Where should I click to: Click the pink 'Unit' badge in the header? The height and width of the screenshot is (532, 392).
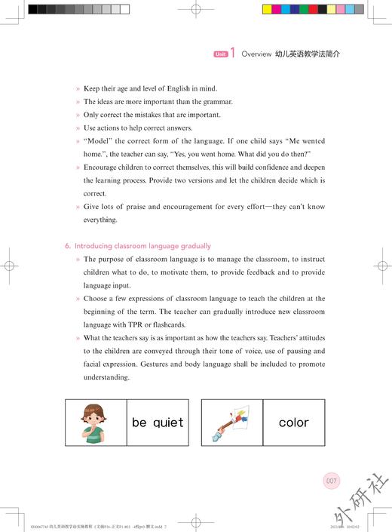pyautogui.click(x=220, y=54)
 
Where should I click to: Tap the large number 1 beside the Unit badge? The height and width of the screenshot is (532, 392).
pyautogui.click(x=233, y=54)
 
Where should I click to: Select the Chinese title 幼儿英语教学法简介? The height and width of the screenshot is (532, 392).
pyautogui.click(x=308, y=54)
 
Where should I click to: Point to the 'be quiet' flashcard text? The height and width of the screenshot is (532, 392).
pyautogui.click(x=157, y=423)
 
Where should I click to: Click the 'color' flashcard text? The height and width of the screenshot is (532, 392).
pyautogui.click(x=293, y=423)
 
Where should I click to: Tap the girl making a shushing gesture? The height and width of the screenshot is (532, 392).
pyautogui.click(x=96, y=422)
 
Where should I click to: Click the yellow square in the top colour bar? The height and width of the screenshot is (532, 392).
pyautogui.click(x=266, y=10)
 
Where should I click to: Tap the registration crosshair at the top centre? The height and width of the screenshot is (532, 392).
pyautogui.click(x=196, y=11)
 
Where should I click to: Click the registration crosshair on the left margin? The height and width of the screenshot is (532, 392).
pyautogui.click(x=10, y=266)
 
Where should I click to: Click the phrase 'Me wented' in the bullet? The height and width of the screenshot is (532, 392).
pyautogui.click(x=308, y=141)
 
